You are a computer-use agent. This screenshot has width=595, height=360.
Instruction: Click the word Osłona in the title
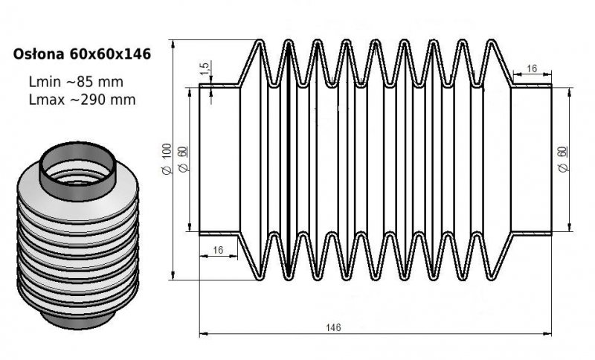click(39, 54)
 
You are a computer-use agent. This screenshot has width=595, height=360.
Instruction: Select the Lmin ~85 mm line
click(76, 82)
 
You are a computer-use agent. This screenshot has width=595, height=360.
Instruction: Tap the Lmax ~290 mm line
click(82, 100)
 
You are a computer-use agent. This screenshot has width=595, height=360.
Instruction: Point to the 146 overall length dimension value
click(333, 327)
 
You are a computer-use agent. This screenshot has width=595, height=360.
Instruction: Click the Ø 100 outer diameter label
click(167, 159)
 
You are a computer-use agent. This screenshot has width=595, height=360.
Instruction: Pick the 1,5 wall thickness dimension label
click(205, 68)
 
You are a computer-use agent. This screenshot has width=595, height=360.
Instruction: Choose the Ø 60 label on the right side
click(563, 159)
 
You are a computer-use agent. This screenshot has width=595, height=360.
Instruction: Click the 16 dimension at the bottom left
click(218, 251)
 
